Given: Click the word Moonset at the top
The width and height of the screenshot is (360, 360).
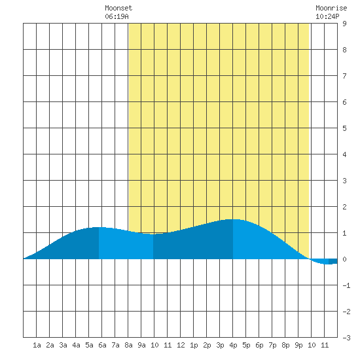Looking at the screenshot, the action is coord(118,8).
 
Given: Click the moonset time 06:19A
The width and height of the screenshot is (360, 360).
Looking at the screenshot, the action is coord(117,16).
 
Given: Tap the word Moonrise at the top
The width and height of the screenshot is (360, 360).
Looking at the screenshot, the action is coord(331,8).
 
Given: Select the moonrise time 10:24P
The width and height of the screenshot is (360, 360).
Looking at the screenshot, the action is coord(327,16).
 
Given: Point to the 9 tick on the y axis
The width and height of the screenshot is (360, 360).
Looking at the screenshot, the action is coord(344,24).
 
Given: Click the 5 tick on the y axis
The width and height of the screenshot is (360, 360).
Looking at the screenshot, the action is coord(344,128).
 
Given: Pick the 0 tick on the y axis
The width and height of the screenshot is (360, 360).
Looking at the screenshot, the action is coord(344,259).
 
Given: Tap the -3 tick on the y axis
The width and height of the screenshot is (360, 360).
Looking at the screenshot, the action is coord(346,338).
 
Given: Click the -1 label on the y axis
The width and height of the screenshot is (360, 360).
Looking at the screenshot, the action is coord(346,285).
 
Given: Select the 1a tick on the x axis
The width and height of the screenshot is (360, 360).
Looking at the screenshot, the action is coord(37,345).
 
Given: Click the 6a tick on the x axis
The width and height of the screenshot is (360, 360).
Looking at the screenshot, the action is coord(102,345).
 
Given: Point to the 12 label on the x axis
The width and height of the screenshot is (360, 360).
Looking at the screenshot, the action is coord(181,345).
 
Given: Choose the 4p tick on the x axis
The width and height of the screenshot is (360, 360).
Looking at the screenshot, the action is coord(233,345).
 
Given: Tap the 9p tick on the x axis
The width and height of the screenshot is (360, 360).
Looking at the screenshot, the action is coord(298,345).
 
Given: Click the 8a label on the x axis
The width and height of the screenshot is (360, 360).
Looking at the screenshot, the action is coord(128,345).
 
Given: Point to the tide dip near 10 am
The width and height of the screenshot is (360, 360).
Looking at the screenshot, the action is coord(153,234).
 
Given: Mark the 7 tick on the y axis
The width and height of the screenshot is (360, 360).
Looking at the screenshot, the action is coord(344,76).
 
